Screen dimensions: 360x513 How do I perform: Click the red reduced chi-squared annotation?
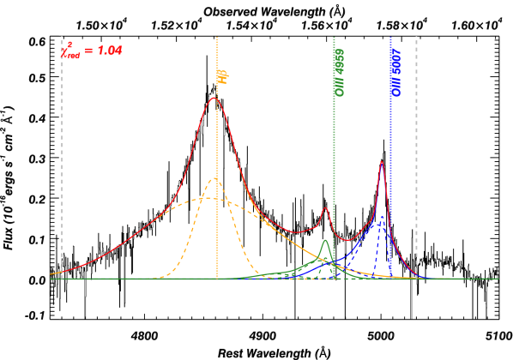(x=92, y=51)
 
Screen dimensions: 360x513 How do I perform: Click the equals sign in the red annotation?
(x=88, y=51)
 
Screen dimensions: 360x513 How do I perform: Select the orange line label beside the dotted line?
(x=222, y=76)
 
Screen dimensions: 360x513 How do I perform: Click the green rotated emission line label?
(x=340, y=72)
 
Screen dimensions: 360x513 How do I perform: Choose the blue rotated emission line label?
(x=395, y=72)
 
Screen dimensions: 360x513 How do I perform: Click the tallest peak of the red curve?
(x=214, y=98)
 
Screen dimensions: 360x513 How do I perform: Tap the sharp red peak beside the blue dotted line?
(x=382, y=161)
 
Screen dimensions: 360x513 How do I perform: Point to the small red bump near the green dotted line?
(x=325, y=207)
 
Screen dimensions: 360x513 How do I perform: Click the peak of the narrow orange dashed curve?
(x=214, y=179)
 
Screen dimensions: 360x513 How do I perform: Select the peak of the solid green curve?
(x=325, y=240)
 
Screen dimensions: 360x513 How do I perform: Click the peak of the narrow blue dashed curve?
(x=382, y=216)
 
